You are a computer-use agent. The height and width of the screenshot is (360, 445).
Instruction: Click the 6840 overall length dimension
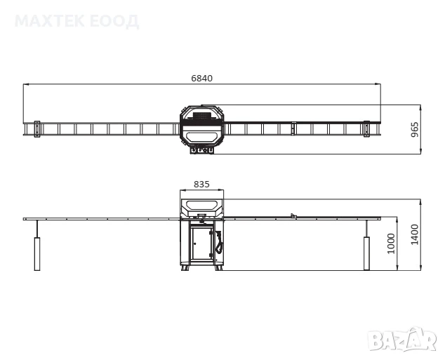point(201,79)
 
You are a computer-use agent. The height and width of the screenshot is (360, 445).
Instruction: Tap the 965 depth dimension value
point(415,129)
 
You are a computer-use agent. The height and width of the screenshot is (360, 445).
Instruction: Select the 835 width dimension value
point(201,185)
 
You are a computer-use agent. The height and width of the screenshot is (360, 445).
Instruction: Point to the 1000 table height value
point(391,244)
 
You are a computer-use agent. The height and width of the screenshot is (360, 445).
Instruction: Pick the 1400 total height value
point(415,234)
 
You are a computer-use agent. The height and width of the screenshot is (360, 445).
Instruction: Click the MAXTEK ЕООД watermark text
point(77,21)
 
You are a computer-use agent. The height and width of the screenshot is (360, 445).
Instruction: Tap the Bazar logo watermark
point(401,340)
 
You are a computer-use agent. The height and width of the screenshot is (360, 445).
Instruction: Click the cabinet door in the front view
point(201,243)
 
